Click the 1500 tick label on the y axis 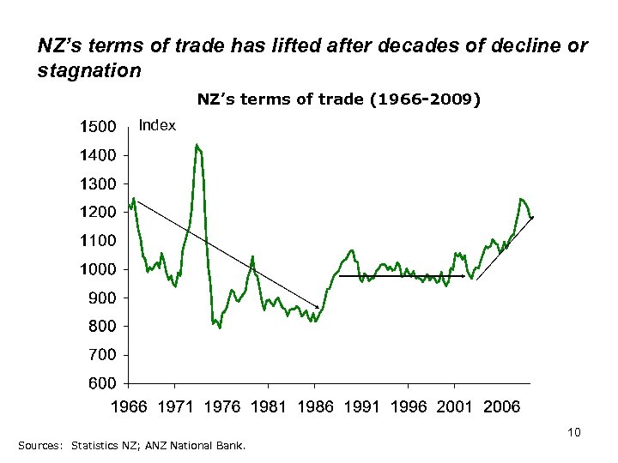click(98, 127)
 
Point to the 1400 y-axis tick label click(98, 155)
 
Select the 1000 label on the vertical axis click(98, 269)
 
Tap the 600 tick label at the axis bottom click(102, 382)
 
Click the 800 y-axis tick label click(102, 326)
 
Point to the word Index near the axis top click(157, 126)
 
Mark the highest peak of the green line click(197, 145)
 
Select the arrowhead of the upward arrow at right click(533, 218)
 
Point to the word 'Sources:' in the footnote click(39, 445)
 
